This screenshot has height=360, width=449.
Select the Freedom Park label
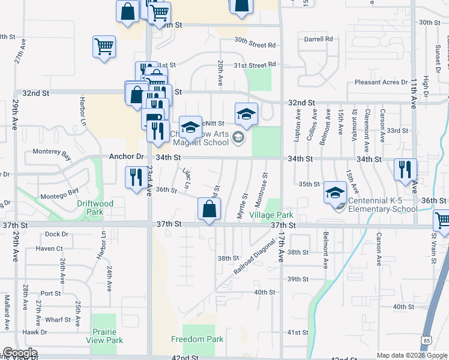(197, 339)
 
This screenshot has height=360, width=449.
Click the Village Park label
(271, 215)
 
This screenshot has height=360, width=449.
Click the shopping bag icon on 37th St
(209, 209)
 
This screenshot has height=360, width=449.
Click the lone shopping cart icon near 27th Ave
(104, 46)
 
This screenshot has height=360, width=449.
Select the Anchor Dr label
(127, 157)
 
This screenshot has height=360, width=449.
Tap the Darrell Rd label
(318, 39)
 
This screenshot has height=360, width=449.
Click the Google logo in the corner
(19, 353)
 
